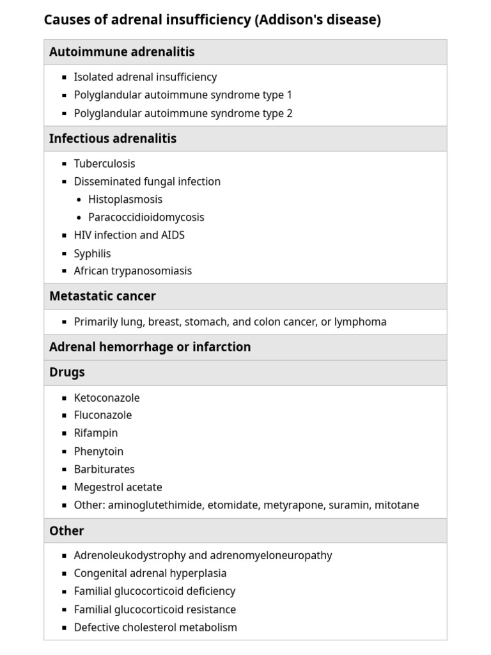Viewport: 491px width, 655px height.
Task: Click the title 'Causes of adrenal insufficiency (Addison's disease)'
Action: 212,20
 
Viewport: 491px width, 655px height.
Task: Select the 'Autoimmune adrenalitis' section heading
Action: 121,52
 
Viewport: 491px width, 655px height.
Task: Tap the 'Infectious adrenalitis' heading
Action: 113,138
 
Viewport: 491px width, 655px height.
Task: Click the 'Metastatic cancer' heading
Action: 102,296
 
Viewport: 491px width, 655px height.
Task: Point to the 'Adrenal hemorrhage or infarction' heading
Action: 150,347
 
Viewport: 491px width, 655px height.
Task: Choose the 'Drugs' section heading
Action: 66,372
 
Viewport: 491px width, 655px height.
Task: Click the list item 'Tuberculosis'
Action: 104,164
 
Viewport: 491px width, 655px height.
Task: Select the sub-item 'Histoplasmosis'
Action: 125,200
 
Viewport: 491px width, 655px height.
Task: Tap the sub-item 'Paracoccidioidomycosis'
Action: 146,217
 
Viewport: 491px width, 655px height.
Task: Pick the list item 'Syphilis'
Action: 92,253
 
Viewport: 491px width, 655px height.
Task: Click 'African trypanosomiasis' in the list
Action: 132,271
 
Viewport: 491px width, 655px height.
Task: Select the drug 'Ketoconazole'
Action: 106,398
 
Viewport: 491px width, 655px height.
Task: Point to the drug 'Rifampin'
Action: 95,433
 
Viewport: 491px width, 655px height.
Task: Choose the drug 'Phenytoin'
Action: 98,452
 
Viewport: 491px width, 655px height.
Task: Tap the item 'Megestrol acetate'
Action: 118,487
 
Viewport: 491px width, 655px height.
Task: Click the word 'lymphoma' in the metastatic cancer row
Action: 361,322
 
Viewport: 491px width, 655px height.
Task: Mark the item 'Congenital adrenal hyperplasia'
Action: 150,574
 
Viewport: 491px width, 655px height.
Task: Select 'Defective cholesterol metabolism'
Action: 155,627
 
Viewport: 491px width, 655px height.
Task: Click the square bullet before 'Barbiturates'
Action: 64,470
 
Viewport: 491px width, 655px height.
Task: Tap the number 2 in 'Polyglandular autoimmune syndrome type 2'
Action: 290,113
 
